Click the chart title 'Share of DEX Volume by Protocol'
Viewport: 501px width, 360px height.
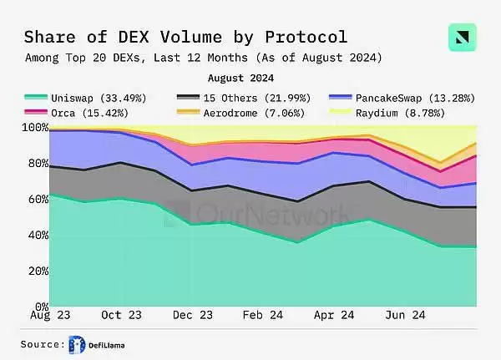click(185, 37)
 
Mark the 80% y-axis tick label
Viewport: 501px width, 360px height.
click(33, 164)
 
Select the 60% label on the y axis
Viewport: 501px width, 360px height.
click(33, 200)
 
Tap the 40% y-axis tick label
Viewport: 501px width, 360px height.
click(33, 236)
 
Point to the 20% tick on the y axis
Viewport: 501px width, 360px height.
click(33, 271)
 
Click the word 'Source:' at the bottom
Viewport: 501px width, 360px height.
click(43, 344)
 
